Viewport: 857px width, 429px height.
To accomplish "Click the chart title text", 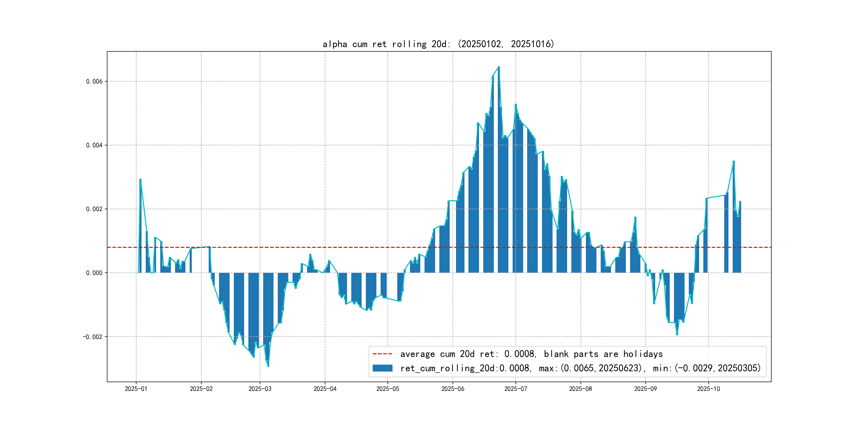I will pyautogui.click(x=438, y=44).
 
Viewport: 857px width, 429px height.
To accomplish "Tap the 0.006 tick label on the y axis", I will pyautogui.click(x=94, y=82).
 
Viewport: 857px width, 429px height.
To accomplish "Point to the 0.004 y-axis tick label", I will pyautogui.click(x=94, y=145).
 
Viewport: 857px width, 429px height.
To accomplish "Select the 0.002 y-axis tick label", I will pyautogui.click(x=94, y=209).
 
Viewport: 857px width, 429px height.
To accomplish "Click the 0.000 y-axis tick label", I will pyautogui.click(x=94, y=273).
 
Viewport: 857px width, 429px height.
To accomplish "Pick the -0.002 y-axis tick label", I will pyautogui.click(x=93, y=337).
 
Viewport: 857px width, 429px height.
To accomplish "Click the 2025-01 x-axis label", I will pyautogui.click(x=136, y=389).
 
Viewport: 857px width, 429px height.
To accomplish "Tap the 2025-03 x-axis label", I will pyautogui.click(x=260, y=389).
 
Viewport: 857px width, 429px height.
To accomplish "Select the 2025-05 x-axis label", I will pyautogui.click(x=388, y=389).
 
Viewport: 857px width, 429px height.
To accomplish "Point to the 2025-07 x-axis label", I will pyautogui.click(x=516, y=389).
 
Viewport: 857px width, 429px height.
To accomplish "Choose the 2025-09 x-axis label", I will pyautogui.click(x=645, y=389).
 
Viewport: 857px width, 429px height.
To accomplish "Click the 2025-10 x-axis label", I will pyautogui.click(x=708, y=389).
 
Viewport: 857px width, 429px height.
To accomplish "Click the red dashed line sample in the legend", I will pyautogui.click(x=382, y=354).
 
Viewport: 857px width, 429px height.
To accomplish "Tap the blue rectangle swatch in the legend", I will pyautogui.click(x=382, y=368).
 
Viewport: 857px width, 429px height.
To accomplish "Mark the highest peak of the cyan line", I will pyautogui.click(x=499, y=67).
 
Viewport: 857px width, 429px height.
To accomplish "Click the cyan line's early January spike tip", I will pyautogui.click(x=140, y=180).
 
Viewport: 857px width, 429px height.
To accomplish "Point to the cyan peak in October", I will pyautogui.click(x=733, y=161).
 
